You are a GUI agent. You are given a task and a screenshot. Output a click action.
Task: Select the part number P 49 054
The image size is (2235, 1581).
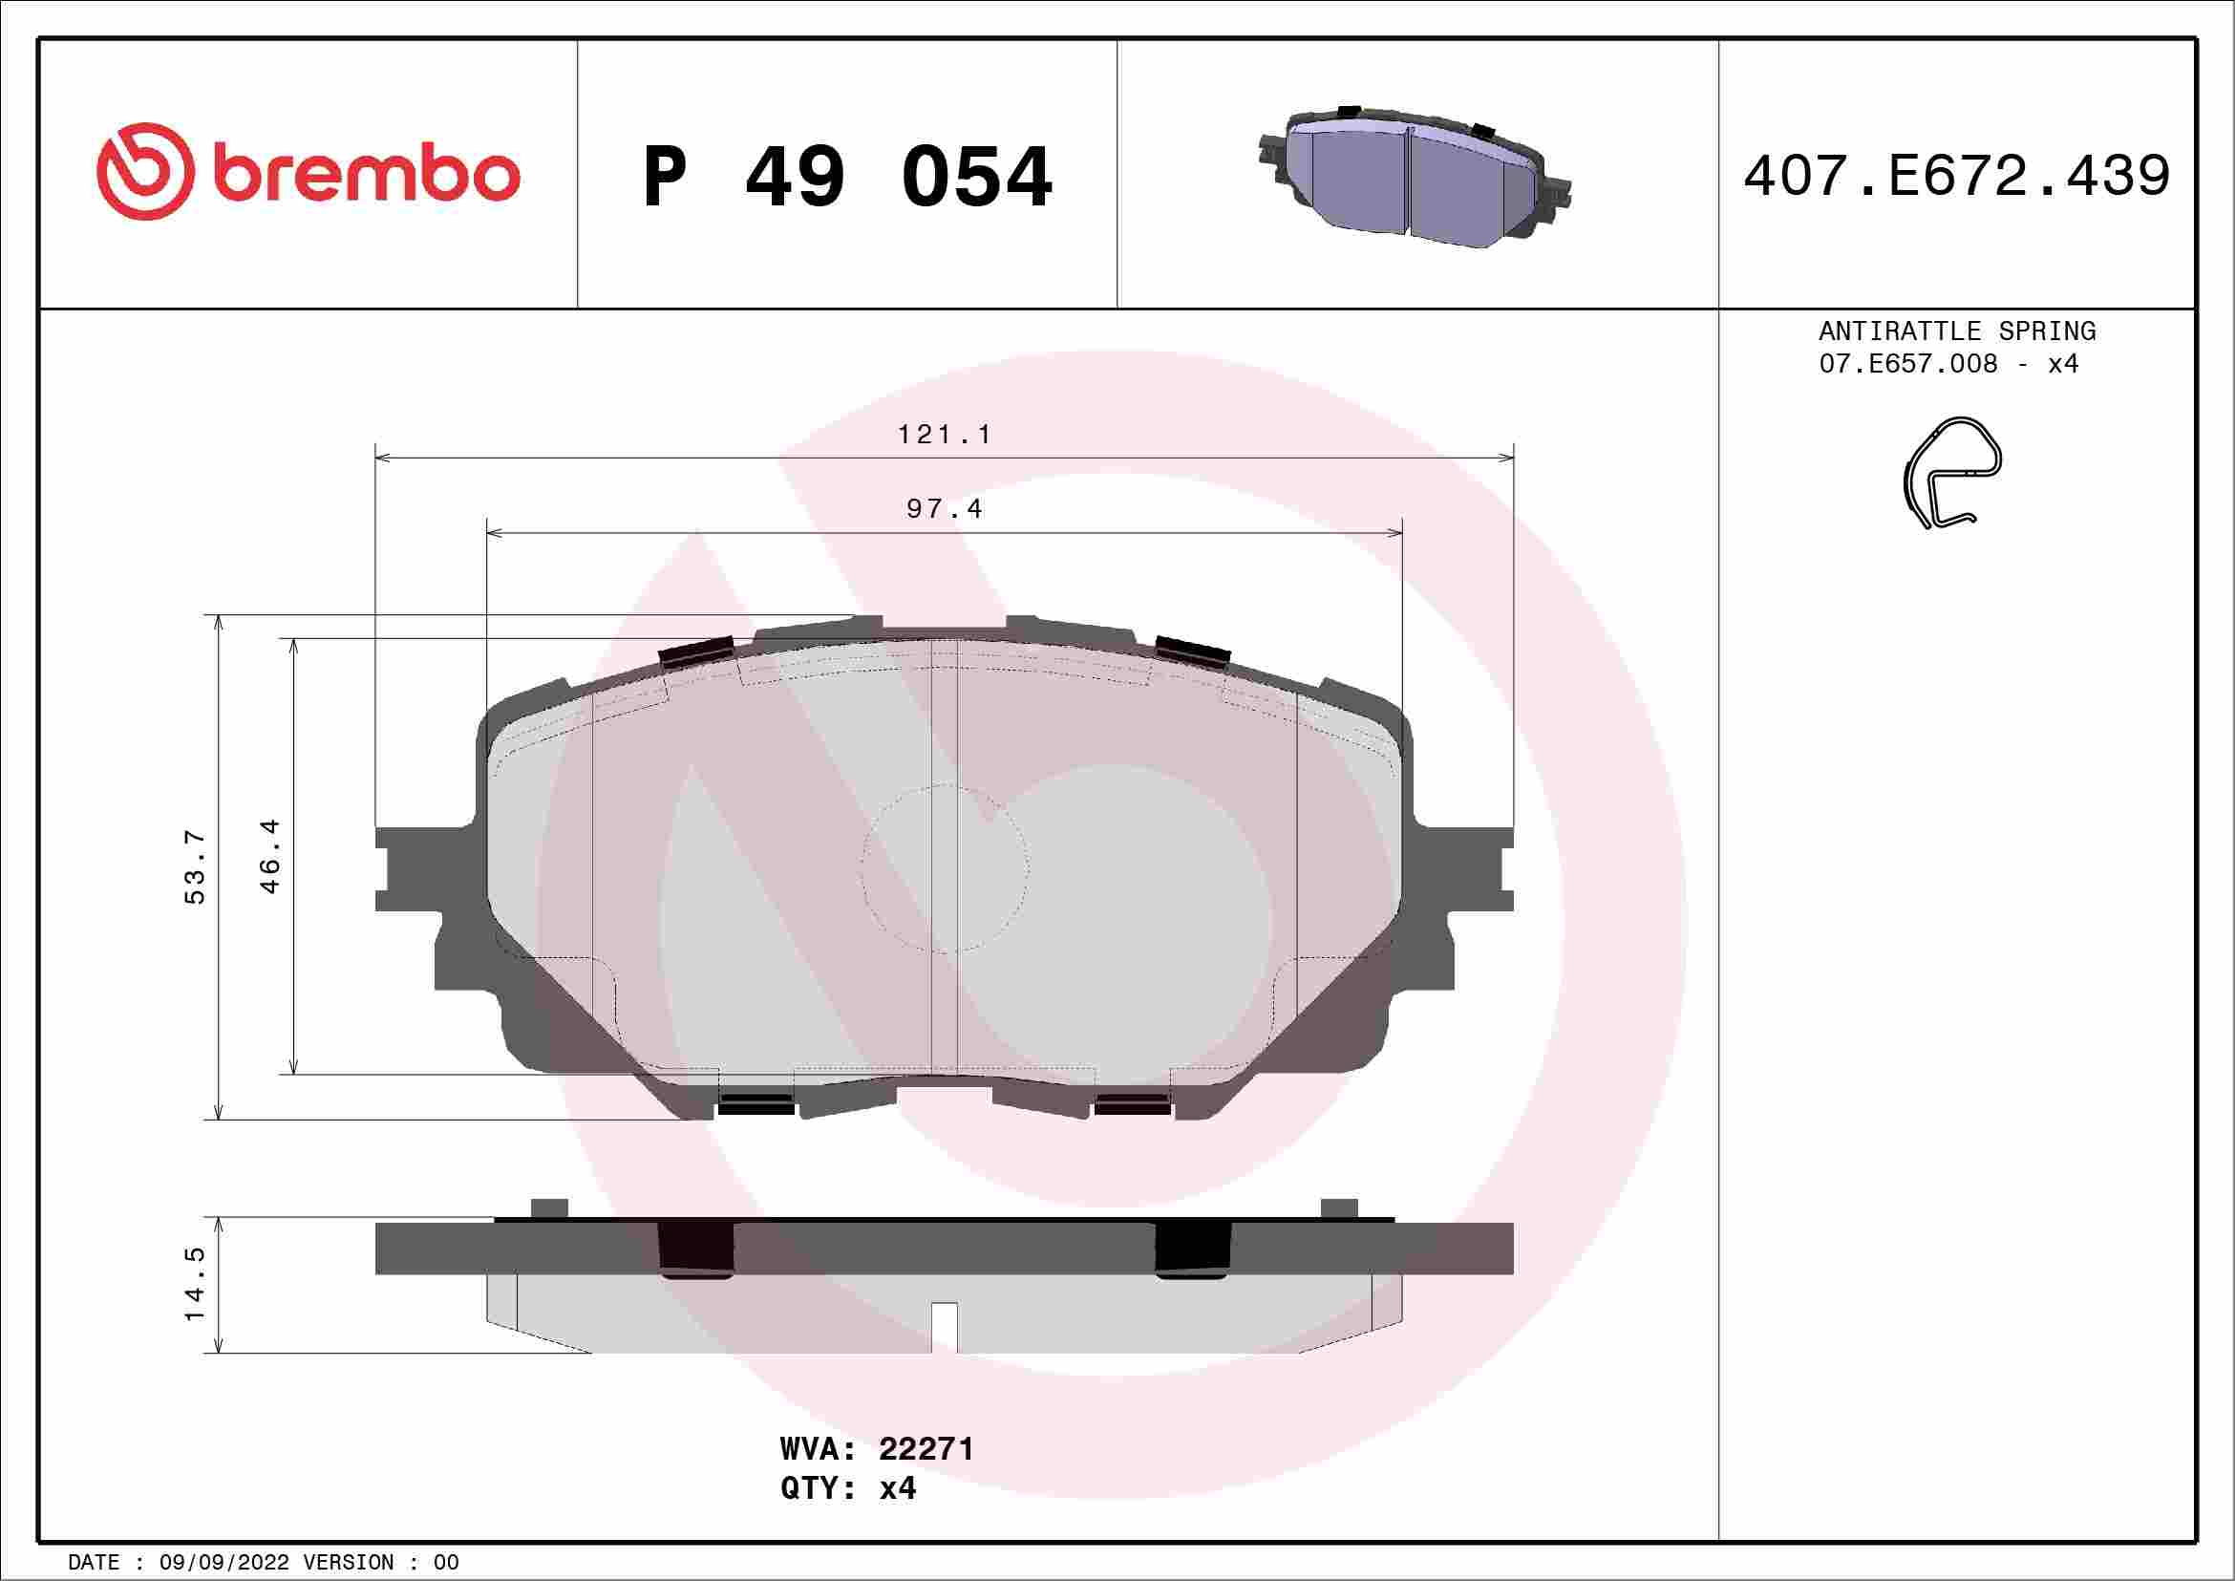(x=847, y=176)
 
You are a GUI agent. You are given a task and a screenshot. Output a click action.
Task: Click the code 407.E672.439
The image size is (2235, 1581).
(x=1957, y=176)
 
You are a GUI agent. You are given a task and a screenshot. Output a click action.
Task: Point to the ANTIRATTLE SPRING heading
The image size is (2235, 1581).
(x=1957, y=331)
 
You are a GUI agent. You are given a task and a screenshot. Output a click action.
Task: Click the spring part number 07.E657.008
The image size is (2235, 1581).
(x=1908, y=364)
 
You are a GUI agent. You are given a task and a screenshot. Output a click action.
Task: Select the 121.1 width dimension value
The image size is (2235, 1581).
(x=944, y=435)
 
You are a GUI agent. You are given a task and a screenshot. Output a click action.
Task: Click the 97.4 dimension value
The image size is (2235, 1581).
(x=945, y=509)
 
